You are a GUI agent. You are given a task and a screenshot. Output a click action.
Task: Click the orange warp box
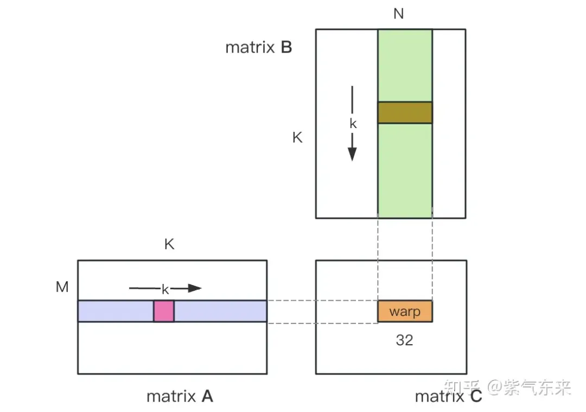[x=405, y=312]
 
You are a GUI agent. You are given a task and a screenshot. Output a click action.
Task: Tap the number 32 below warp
[x=404, y=340]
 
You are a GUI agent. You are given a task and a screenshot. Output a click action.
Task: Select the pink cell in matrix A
[x=164, y=311]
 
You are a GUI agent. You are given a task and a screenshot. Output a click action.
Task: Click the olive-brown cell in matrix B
[x=405, y=112]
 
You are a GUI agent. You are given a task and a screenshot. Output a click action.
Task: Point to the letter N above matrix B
[x=399, y=14]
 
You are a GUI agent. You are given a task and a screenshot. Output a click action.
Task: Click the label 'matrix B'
[x=259, y=48]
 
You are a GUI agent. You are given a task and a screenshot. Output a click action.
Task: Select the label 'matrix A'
[x=180, y=396]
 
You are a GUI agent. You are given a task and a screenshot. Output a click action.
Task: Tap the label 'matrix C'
[x=448, y=396]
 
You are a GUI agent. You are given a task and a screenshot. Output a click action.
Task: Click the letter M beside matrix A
[x=62, y=287]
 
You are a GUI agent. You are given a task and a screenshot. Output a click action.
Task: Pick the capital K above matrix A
[x=169, y=244]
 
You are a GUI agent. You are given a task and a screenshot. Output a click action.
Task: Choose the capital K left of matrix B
[x=297, y=137]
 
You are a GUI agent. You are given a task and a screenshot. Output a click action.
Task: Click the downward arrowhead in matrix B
[x=352, y=154]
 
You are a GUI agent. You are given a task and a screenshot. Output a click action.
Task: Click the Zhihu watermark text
[x=507, y=387]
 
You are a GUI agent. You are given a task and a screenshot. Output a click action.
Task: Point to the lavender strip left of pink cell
[x=116, y=311]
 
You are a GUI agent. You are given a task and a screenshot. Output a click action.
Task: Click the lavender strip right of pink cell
[x=220, y=311]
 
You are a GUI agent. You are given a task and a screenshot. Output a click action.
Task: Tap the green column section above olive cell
[x=405, y=65]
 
